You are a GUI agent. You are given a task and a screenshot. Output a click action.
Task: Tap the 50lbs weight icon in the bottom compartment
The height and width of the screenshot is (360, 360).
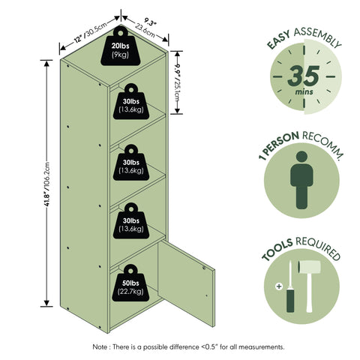[130, 283]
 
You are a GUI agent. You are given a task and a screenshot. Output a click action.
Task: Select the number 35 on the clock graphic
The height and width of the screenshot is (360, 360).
[304, 76]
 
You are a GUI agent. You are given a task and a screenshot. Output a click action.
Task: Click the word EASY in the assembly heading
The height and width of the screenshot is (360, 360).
[278, 40]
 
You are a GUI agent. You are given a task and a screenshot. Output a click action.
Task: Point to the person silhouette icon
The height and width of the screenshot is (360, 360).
[301, 180]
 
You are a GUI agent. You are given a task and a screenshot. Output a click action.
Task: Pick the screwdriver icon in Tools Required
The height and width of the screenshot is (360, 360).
[290, 286]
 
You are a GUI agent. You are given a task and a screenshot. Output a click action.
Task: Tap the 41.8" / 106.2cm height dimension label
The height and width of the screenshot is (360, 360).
[47, 184]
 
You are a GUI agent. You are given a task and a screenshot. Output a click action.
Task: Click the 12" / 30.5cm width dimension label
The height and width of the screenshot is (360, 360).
[91, 32]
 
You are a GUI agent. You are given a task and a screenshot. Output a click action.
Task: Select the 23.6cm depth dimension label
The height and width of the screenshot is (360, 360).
[145, 31]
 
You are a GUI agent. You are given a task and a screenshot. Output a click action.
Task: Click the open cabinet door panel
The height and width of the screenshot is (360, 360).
[186, 283]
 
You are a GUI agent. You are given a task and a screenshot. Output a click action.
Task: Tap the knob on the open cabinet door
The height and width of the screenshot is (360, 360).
[204, 268]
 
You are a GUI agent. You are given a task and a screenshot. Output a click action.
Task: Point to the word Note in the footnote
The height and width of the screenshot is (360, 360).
[100, 347]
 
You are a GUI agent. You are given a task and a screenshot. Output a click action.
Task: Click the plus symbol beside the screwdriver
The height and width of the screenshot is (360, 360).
[279, 286]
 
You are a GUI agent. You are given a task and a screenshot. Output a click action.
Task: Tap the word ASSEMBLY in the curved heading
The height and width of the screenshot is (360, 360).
[318, 37]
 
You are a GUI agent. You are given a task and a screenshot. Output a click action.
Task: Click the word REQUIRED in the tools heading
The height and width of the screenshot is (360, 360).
[318, 248]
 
